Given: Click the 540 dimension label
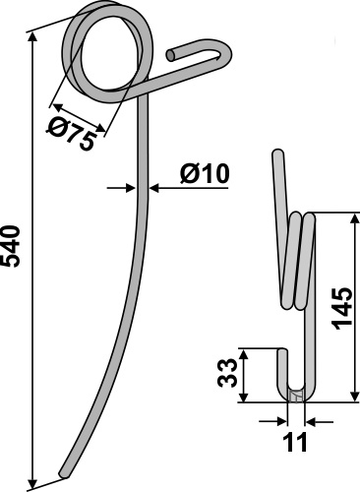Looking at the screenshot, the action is point(11,246).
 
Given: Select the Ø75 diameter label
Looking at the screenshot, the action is point(72,133).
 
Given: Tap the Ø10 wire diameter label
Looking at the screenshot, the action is point(205,173).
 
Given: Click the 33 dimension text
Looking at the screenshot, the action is point(226,373).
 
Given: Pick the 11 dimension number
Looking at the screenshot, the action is point(295,442).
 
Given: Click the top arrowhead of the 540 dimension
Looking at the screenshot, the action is point(31,38).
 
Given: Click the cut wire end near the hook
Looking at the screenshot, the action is point(171,55).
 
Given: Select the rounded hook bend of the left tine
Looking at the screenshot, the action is point(225,52).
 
